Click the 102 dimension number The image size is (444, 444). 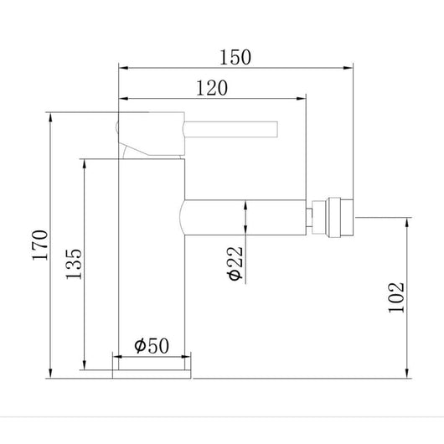coord(397,294)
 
